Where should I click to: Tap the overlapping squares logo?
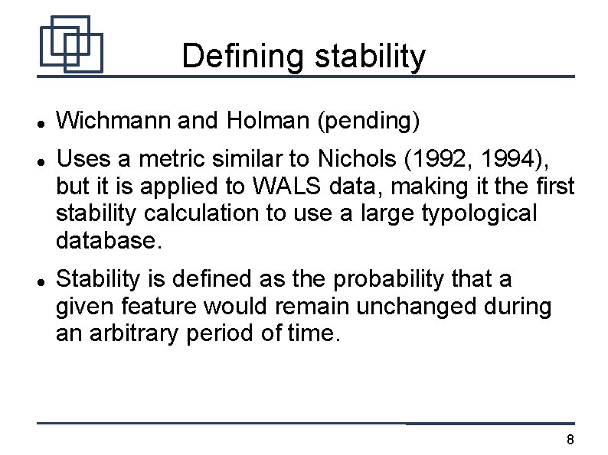[x=70, y=44]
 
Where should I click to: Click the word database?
[x=109, y=242]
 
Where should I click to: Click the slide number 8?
[x=569, y=440]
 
